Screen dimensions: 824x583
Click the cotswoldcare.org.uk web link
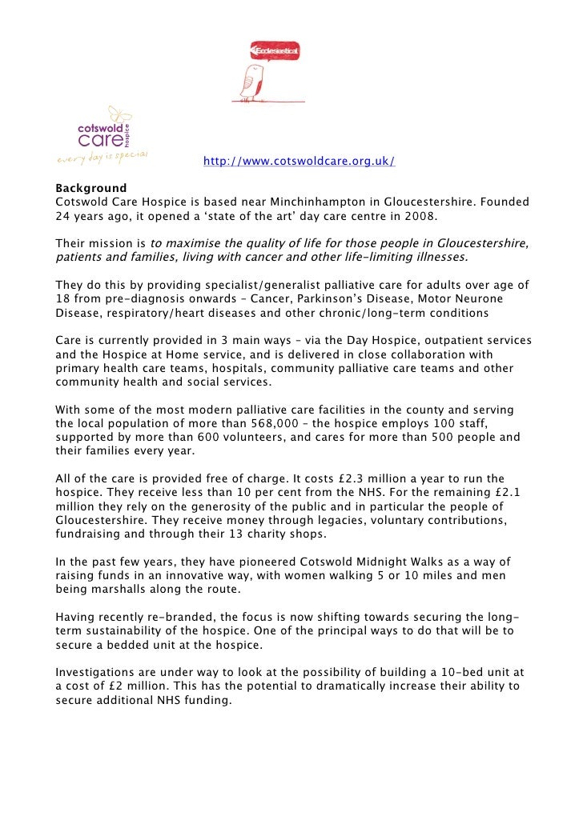(x=299, y=162)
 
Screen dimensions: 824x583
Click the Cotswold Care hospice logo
(x=103, y=132)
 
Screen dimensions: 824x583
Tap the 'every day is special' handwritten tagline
(x=102, y=157)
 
